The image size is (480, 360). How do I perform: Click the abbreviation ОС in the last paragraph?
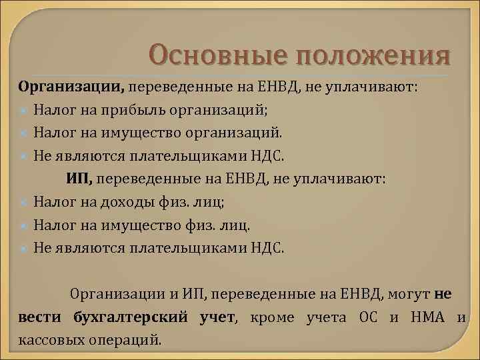click(x=376, y=317)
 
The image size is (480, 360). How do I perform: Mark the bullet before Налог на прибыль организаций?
click(x=24, y=110)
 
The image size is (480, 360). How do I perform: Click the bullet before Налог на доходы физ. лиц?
click(x=24, y=201)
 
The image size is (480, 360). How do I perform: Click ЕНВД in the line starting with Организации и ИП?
click(x=358, y=293)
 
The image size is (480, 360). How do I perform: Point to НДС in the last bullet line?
click(x=268, y=247)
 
